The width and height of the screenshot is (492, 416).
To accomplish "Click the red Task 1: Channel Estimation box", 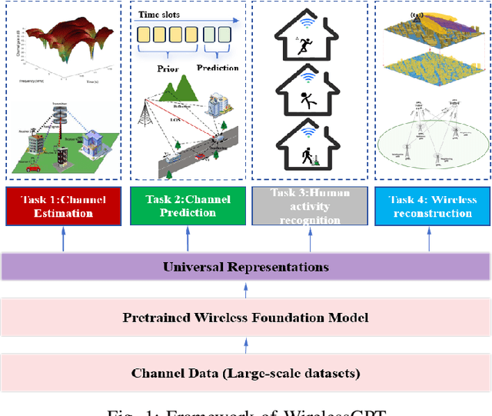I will pos(64,205).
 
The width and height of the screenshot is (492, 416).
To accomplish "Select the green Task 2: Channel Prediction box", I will pos(188,205).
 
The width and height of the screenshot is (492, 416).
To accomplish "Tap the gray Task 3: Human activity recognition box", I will pos(310,206).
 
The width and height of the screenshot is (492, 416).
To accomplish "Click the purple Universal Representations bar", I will pos(246,267).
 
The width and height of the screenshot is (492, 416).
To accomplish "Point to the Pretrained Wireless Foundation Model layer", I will pos(246,318).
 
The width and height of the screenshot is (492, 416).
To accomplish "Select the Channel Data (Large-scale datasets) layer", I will pos(246,374).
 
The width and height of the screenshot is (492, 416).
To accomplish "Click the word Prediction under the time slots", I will pos(218,68).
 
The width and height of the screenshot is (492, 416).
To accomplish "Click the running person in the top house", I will pos(297,48).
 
